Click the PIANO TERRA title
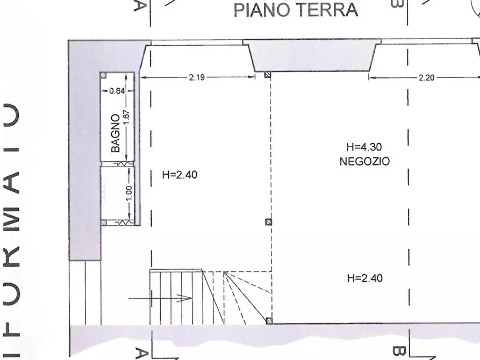(x=296, y=10)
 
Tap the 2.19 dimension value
(x=197, y=77)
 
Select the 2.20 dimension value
(x=426, y=77)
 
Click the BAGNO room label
(x=116, y=133)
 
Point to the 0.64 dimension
(x=117, y=91)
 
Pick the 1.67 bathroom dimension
(x=127, y=118)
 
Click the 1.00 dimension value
(x=129, y=193)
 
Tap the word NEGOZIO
(x=364, y=161)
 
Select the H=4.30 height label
(x=364, y=147)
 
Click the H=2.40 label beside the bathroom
(x=180, y=175)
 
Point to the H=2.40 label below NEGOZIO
(x=366, y=278)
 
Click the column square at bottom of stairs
(x=268, y=322)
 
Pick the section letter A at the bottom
(x=142, y=352)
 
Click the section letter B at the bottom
(x=399, y=352)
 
